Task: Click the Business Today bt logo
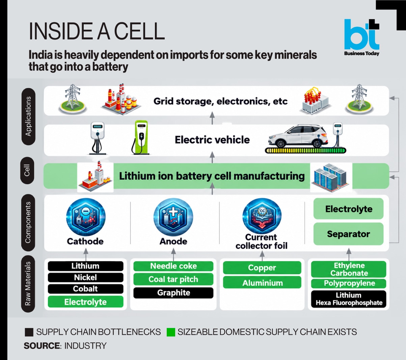click(361, 37)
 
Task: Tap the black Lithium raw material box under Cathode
click(86, 266)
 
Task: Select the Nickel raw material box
click(86, 277)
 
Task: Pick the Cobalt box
click(86, 289)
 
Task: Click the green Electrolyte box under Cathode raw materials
click(86, 302)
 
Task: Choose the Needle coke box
click(173, 266)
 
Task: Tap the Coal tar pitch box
click(173, 279)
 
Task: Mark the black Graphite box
click(173, 293)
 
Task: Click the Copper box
click(262, 268)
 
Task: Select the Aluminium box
click(262, 282)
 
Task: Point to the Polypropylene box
click(349, 283)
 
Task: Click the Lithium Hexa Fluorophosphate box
click(349, 299)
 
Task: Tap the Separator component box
click(349, 234)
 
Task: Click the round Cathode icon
click(86, 217)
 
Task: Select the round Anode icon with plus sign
click(173, 217)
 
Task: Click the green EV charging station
click(140, 137)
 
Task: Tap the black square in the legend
click(29, 332)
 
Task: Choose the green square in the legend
click(171, 332)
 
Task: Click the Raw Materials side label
click(28, 284)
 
